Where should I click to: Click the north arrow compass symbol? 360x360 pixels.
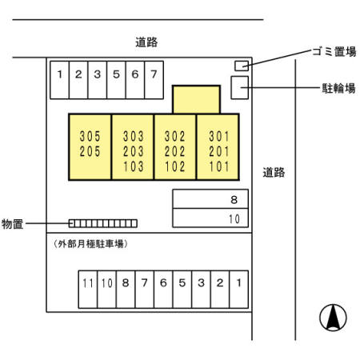[x=332, y=318]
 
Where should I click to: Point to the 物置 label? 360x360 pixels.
[x=13, y=223]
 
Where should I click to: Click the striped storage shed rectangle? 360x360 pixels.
[x=102, y=223]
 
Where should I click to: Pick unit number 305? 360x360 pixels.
[x=90, y=137]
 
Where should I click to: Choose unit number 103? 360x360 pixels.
[x=134, y=167]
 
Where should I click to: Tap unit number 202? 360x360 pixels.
[x=174, y=152]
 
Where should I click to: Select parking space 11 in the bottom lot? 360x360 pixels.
[x=87, y=282]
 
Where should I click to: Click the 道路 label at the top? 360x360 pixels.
[x=146, y=42]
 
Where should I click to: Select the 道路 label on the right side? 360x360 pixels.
[x=274, y=171]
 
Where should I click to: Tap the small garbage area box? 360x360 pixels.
[x=241, y=65]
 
